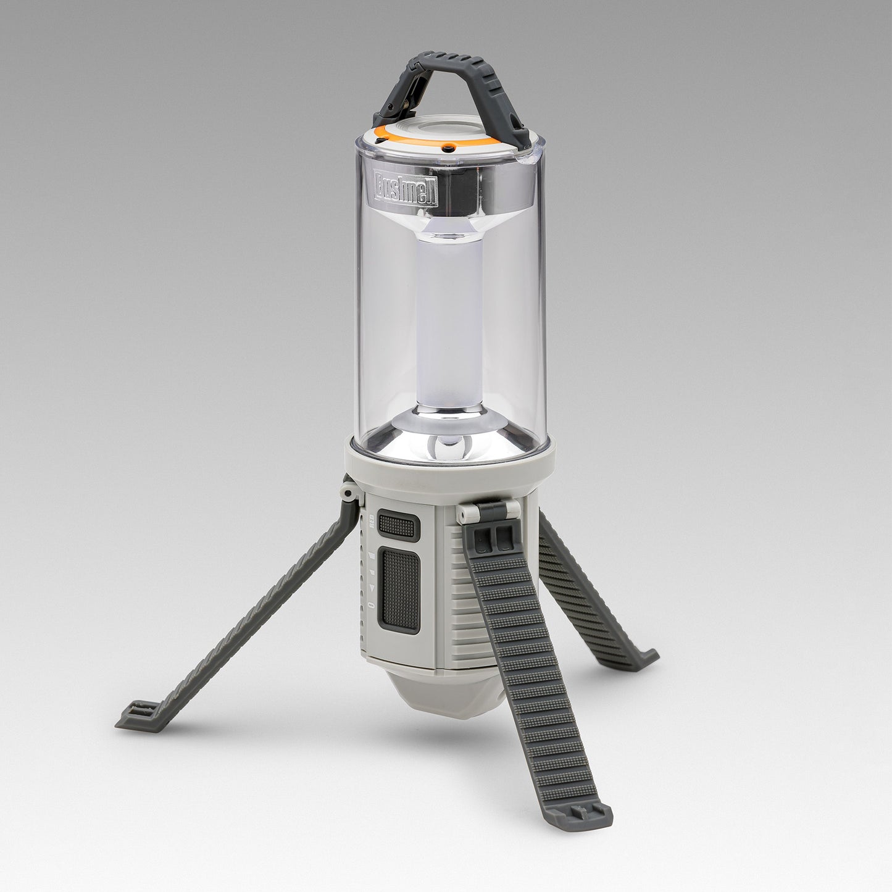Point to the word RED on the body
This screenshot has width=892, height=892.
[x=372, y=522]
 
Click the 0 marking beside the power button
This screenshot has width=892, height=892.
[x=371, y=604]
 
